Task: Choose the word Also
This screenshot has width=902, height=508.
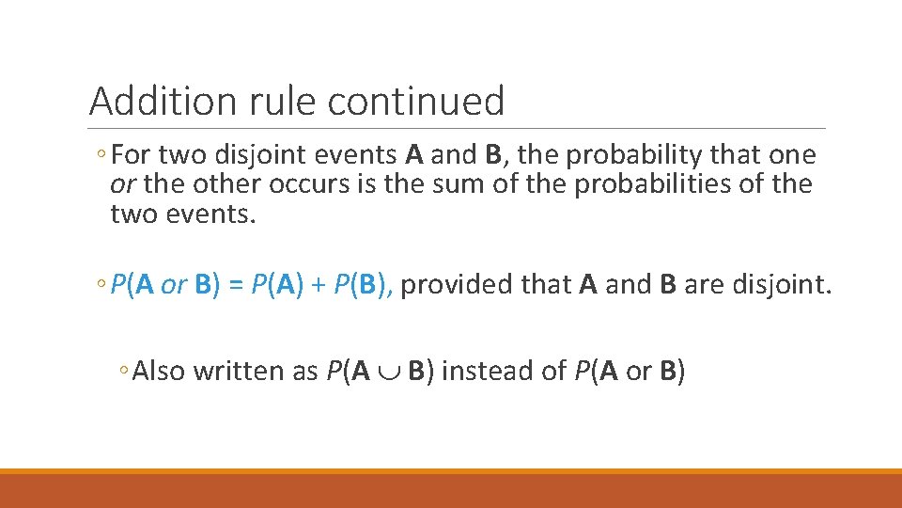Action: click(x=160, y=372)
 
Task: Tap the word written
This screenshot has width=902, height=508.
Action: click(x=243, y=372)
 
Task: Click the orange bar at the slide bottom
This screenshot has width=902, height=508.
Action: click(x=451, y=489)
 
